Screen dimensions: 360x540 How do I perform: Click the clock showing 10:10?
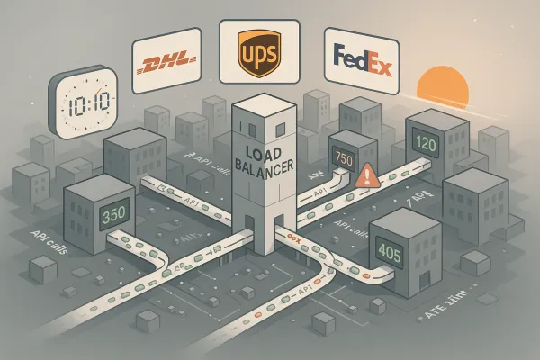82,102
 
